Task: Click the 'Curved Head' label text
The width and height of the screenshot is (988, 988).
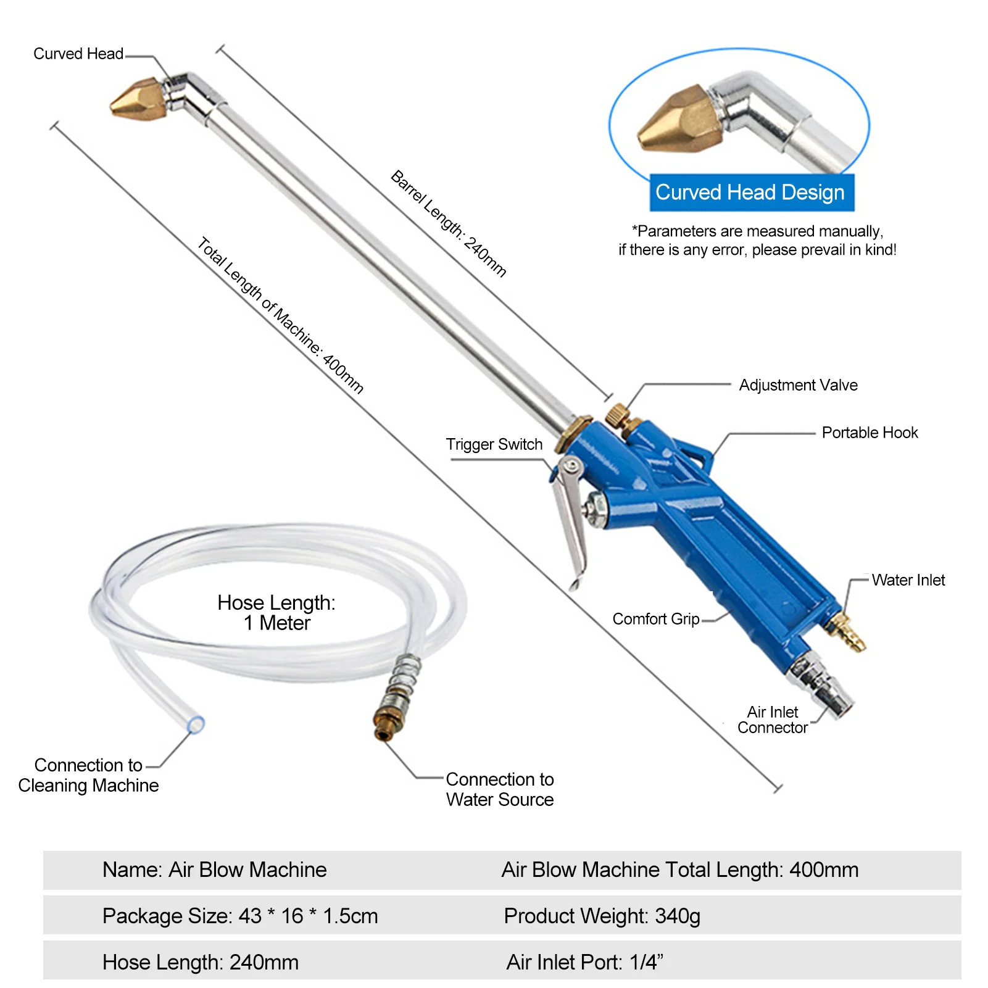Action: coord(78,54)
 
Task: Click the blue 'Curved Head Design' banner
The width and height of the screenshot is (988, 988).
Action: coord(750,193)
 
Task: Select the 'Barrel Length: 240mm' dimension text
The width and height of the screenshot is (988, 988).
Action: coord(449,223)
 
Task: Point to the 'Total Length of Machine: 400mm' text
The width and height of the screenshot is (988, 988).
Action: coord(280,315)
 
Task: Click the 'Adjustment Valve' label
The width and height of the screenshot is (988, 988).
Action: coord(798,385)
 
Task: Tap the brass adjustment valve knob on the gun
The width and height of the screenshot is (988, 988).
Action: coord(616,415)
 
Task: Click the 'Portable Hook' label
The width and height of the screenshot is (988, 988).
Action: coord(870,433)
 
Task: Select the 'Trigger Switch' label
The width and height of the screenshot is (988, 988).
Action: coord(494,444)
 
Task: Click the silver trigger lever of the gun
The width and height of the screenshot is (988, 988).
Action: coord(570,518)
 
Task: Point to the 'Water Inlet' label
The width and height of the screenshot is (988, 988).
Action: coord(908,580)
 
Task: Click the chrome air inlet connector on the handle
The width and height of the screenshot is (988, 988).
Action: coord(821,685)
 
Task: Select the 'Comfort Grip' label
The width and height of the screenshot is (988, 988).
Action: coord(655,619)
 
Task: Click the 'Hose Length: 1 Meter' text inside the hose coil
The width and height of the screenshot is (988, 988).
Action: coord(276,613)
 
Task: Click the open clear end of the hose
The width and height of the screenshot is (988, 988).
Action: coord(196,724)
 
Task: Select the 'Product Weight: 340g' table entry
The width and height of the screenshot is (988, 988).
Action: coord(602,916)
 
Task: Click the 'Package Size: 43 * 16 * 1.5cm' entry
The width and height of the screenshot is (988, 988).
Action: coord(240,916)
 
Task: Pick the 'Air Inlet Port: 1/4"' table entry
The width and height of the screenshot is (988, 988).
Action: coord(584,962)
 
